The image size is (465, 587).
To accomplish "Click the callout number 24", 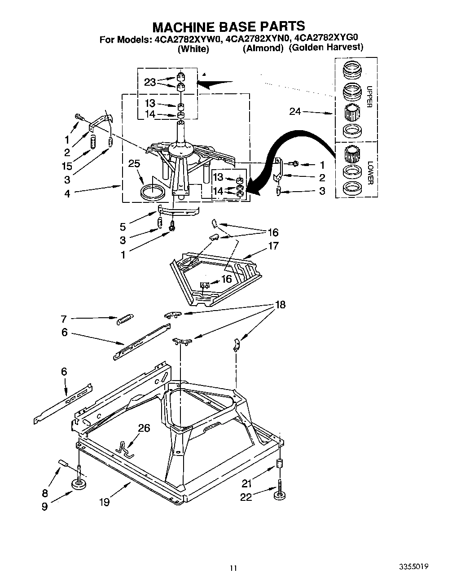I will pos(295,111).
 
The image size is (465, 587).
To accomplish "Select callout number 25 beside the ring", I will pos(134,164).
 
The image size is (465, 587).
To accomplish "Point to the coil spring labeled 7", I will pos(124,320).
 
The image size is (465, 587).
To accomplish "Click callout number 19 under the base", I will pos(104,502).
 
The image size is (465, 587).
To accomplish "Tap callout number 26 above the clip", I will pos(144,428).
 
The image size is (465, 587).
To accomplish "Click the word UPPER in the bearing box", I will pos(369,96).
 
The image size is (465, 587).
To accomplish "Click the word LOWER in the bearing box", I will pos(369,173).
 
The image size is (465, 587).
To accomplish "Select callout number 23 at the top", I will pos(150,82).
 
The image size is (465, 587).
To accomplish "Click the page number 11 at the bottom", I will pos(232,568).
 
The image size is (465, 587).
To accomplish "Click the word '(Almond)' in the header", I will pos(263,48).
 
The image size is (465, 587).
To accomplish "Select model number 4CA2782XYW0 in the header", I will pos(188,39).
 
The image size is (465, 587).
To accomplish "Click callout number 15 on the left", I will pos(67,166).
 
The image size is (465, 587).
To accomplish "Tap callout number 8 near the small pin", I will pos(45,493).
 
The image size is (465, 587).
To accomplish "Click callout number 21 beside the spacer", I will pos(247,484).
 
